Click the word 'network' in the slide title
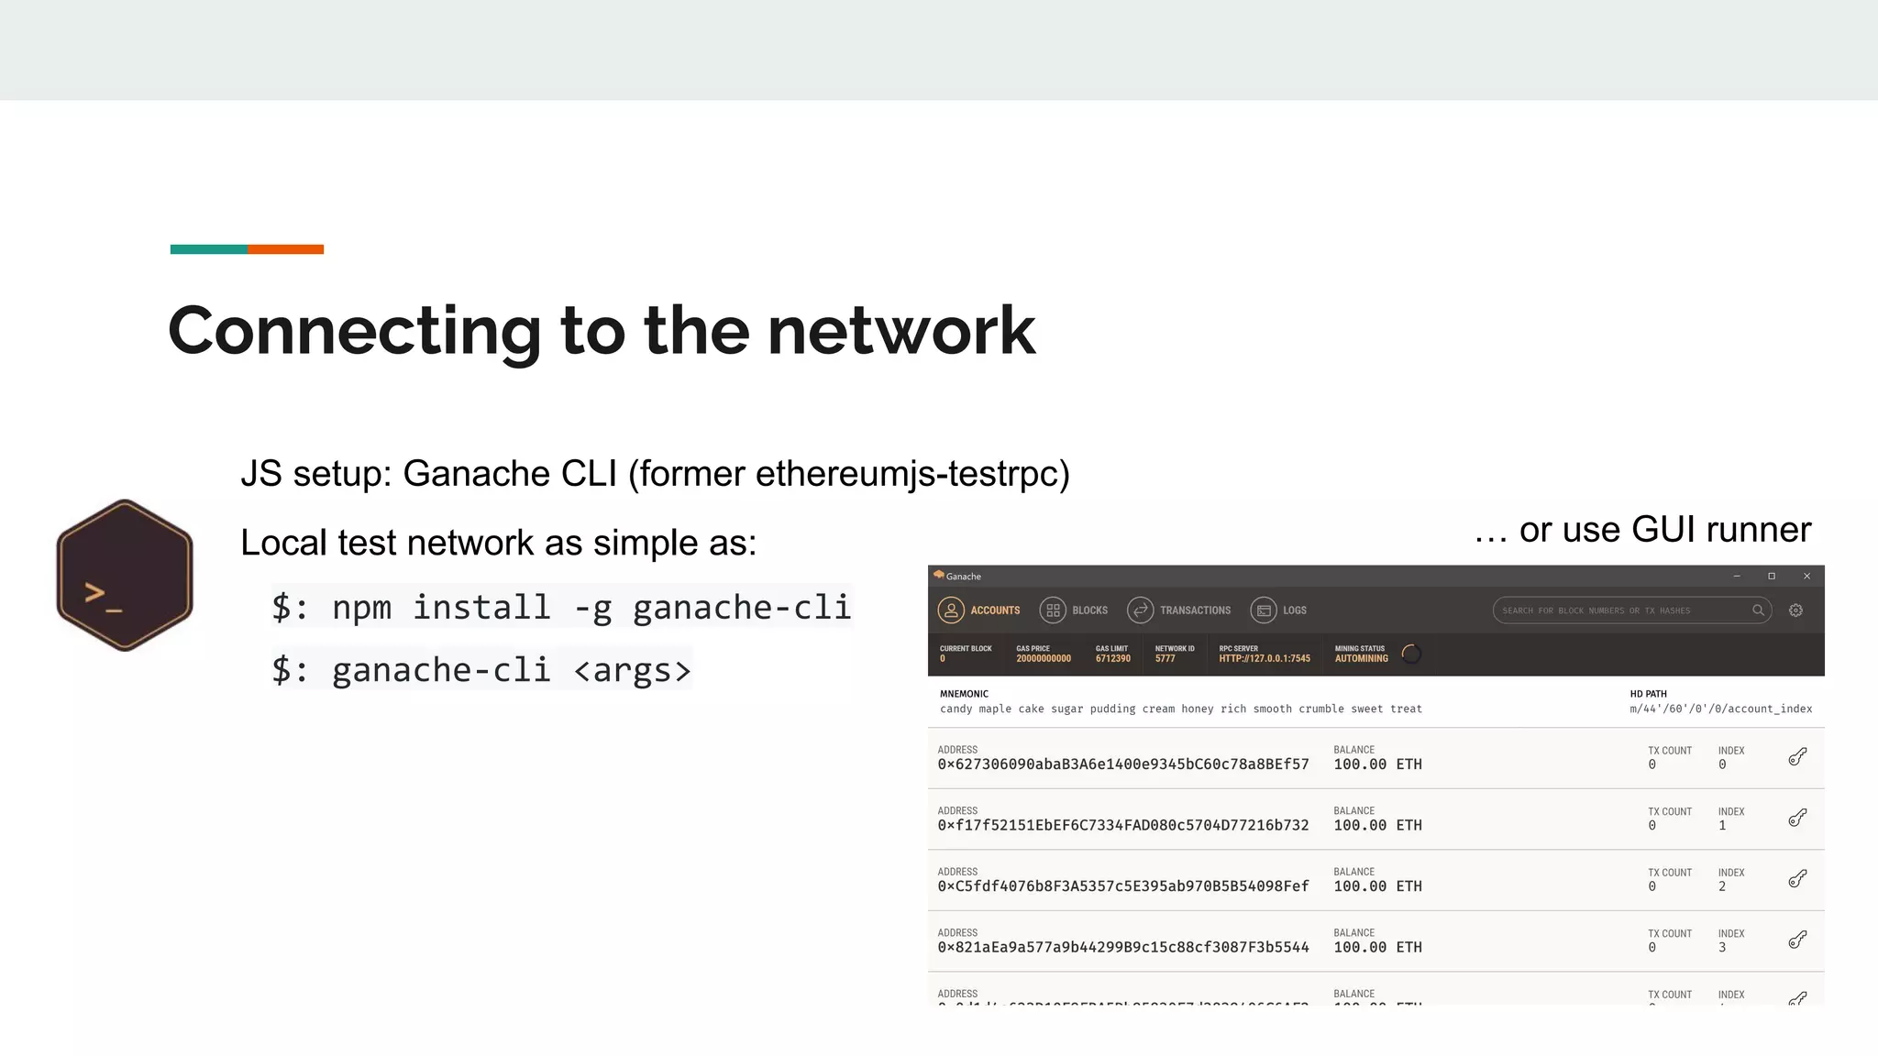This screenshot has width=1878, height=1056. (900, 331)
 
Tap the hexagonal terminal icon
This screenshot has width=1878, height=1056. (125, 576)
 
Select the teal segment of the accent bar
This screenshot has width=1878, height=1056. (209, 249)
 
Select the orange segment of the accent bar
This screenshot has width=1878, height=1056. (285, 249)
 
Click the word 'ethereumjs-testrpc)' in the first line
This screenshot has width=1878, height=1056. (912, 474)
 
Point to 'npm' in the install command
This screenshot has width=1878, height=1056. (361, 608)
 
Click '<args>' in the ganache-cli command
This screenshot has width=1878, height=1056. (632, 670)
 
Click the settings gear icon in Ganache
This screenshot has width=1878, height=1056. (1795, 610)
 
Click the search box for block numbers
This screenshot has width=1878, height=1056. (1623, 610)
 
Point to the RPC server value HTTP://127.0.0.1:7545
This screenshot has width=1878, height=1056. (1265, 658)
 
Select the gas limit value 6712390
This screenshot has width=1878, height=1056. (1112, 658)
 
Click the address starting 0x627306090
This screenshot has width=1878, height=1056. (1122, 764)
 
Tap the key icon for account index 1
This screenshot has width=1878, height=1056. (1797, 818)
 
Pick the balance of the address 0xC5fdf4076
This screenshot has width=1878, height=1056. (1377, 886)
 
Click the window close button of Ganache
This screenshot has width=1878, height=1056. (1806, 577)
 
